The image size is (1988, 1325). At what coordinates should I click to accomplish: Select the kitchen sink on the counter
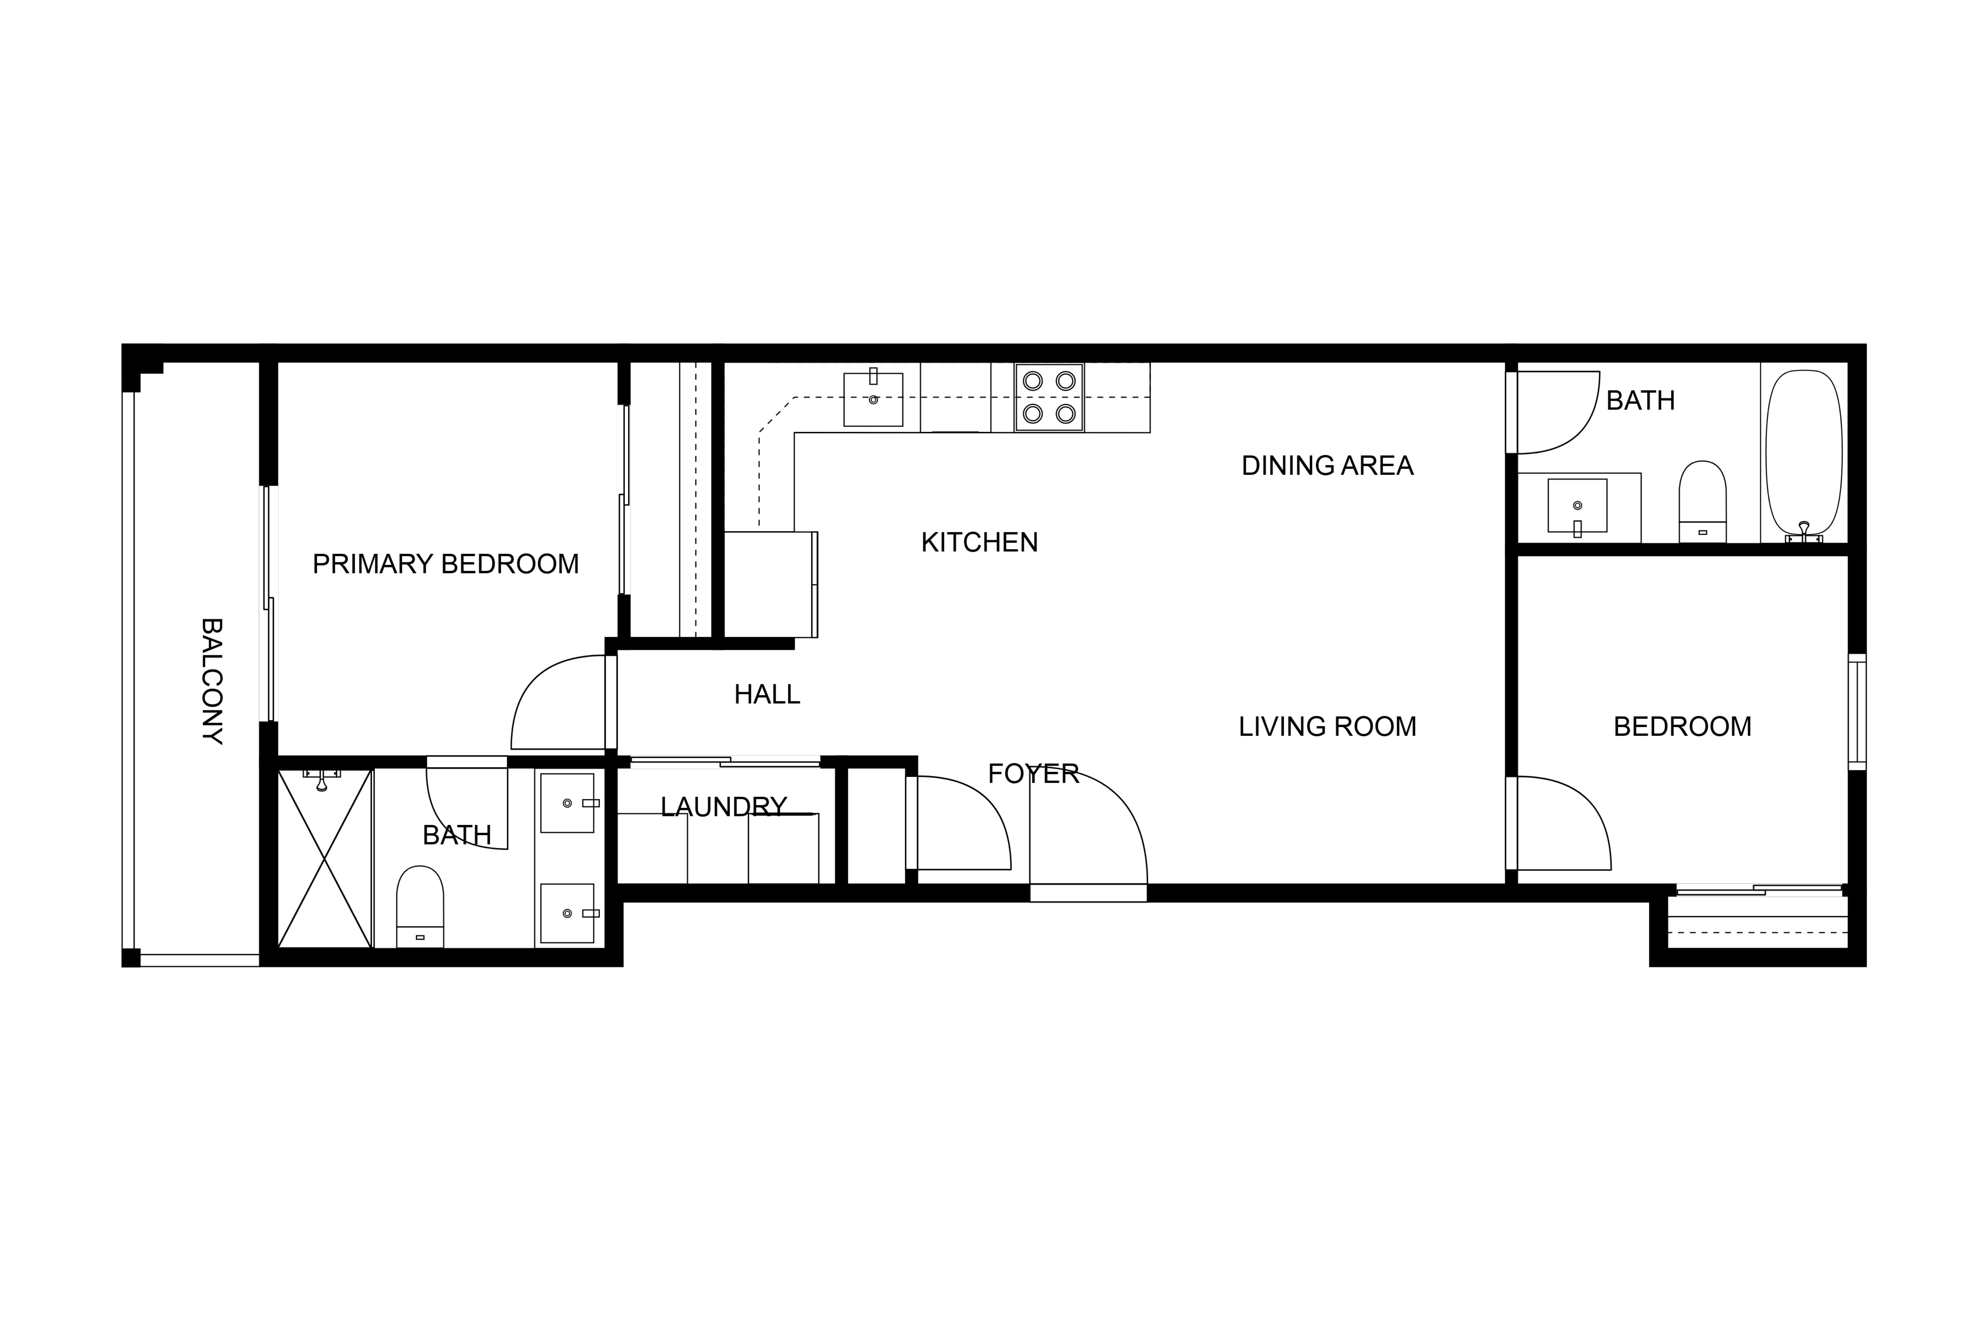(x=873, y=400)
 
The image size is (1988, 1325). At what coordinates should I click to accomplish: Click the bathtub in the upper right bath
(x=1804, y=454)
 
